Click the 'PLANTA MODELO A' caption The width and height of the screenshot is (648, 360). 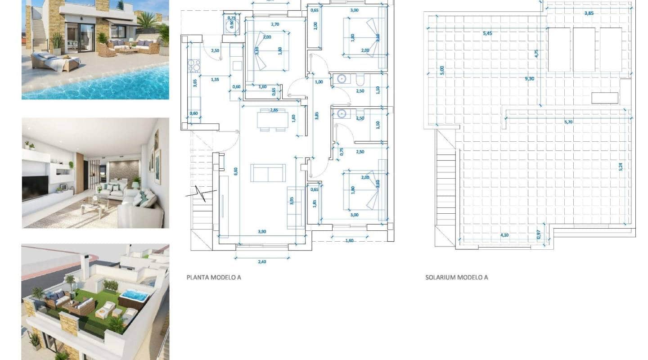coord(214,277)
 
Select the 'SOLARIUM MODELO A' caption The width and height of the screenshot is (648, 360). coord(456,277)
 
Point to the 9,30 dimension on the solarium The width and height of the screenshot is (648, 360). coord(530,78)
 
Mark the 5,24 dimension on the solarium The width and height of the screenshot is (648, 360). coord(621,166)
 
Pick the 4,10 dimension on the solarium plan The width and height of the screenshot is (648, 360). coord(504,234)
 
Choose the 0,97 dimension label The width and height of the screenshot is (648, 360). coord(538,234)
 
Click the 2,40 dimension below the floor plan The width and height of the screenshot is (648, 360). coord(261,261)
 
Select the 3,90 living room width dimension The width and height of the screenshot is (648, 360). coord(261,231)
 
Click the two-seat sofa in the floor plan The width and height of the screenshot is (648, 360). coord(268,173)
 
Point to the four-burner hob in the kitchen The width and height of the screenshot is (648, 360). coord(194,66)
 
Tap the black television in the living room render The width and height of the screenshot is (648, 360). coord(35,187)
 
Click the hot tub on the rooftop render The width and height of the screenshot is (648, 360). coord(134,296)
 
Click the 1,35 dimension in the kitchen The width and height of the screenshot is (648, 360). coord(215,80)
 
